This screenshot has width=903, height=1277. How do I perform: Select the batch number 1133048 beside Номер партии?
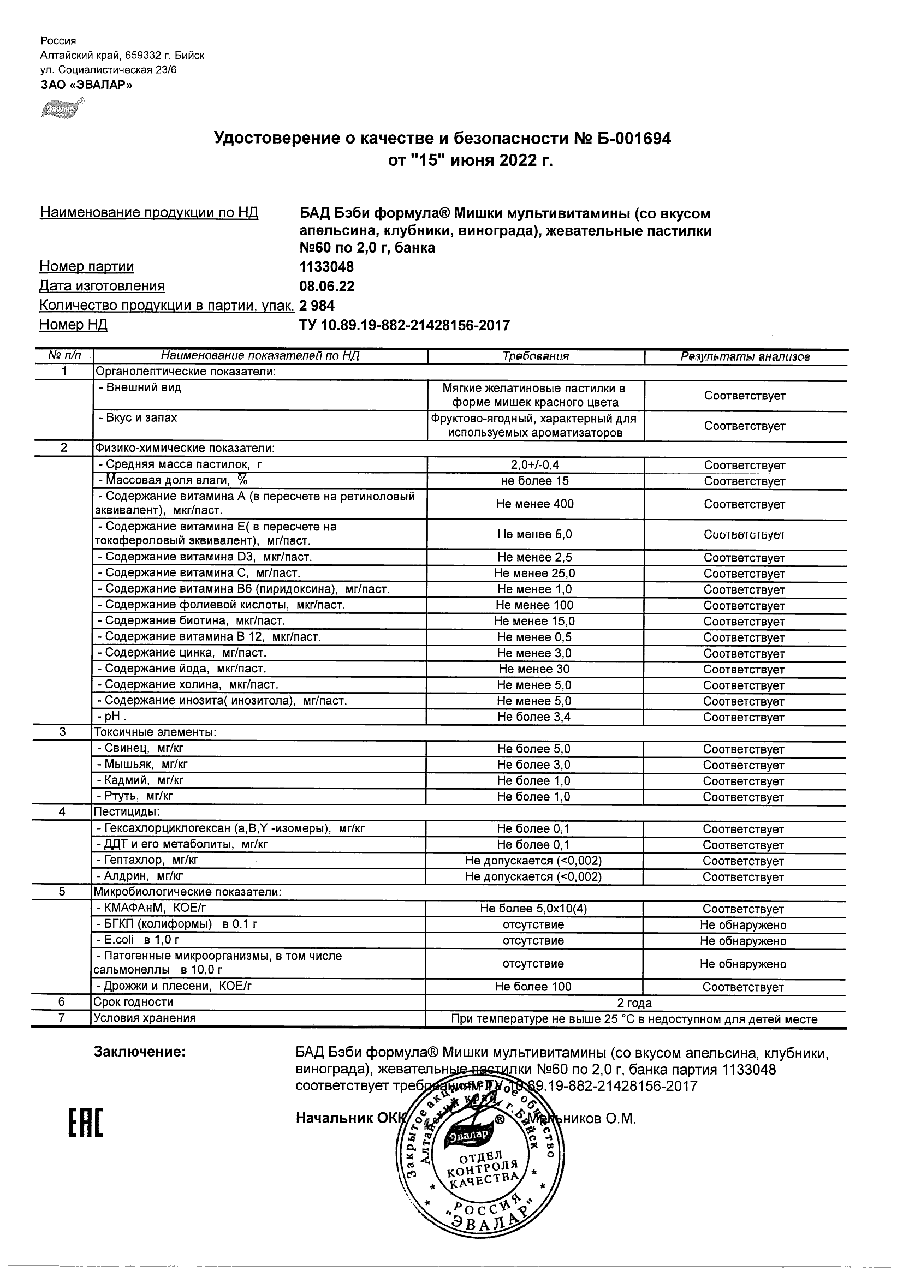(326, 267)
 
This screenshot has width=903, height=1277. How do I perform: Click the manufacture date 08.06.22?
(326, 287)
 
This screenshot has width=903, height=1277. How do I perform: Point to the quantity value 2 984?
(317, 306)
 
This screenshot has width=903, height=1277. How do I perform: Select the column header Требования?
(535, 356)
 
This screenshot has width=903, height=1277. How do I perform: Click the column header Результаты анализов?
(745, 357)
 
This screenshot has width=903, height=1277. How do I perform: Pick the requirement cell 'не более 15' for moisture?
(535, 481)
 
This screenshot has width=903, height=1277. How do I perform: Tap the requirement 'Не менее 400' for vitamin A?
(535, 504)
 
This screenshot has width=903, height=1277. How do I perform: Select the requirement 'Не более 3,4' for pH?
(534, 717)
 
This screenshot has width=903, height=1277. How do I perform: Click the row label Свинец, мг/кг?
(140, 749)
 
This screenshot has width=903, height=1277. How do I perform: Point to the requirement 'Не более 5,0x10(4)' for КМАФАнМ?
(533, 909)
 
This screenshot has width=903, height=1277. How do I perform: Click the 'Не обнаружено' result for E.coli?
(744, 941)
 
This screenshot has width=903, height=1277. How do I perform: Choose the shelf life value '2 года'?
(634, 1003)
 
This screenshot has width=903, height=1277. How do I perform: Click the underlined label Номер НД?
(73, 325)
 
